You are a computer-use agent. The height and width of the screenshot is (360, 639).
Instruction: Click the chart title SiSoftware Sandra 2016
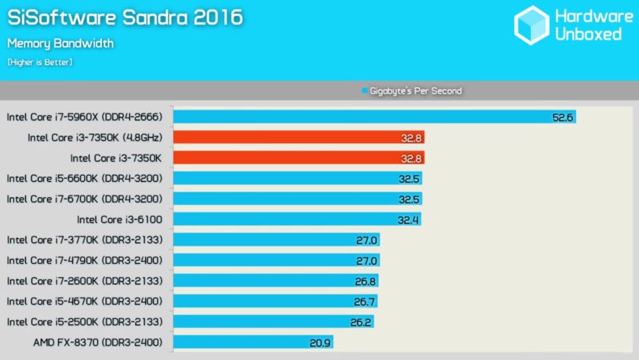[126, 18]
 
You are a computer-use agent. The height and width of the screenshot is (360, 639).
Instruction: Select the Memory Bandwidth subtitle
[61, 43]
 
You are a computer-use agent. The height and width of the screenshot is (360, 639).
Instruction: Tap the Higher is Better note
[40, 62]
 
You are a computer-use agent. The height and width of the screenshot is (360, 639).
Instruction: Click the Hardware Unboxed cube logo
[532, 24]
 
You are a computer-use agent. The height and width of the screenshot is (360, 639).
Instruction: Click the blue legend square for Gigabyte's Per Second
[364, 91]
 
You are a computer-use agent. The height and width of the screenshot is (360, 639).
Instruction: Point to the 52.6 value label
[562, 116]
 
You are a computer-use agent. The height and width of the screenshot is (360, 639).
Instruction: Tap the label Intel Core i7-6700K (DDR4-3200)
[84, 199]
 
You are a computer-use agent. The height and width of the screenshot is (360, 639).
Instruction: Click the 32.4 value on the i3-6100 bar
[408, 219]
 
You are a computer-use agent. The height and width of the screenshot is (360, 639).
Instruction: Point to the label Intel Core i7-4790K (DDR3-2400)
[84, 260]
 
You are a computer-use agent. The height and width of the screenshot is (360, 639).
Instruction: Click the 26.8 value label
[365, 281]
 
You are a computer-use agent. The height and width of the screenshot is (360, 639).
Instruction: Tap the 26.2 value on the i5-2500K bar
[361, 322]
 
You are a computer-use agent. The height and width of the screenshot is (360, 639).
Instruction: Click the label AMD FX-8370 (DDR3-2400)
[98, 342]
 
